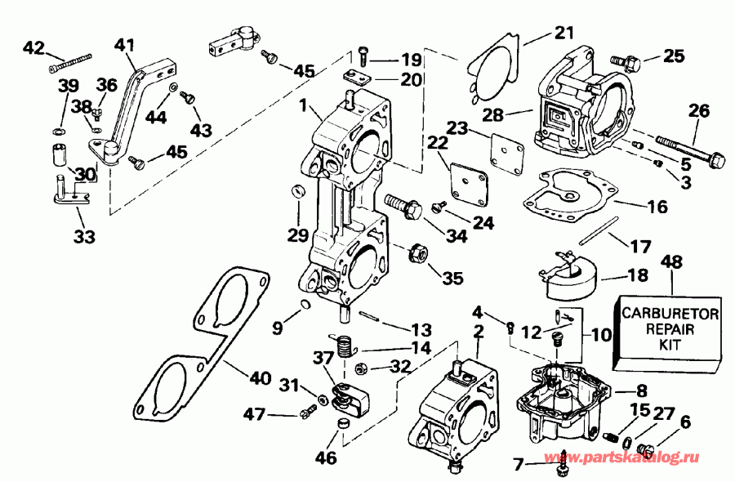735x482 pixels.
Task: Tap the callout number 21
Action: [564, 33]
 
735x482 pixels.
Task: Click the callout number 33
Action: [83, 238]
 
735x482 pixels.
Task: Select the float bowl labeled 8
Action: [564, 400]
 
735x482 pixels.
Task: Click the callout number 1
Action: [303, 105]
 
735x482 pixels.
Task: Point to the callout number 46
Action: [325, 458]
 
